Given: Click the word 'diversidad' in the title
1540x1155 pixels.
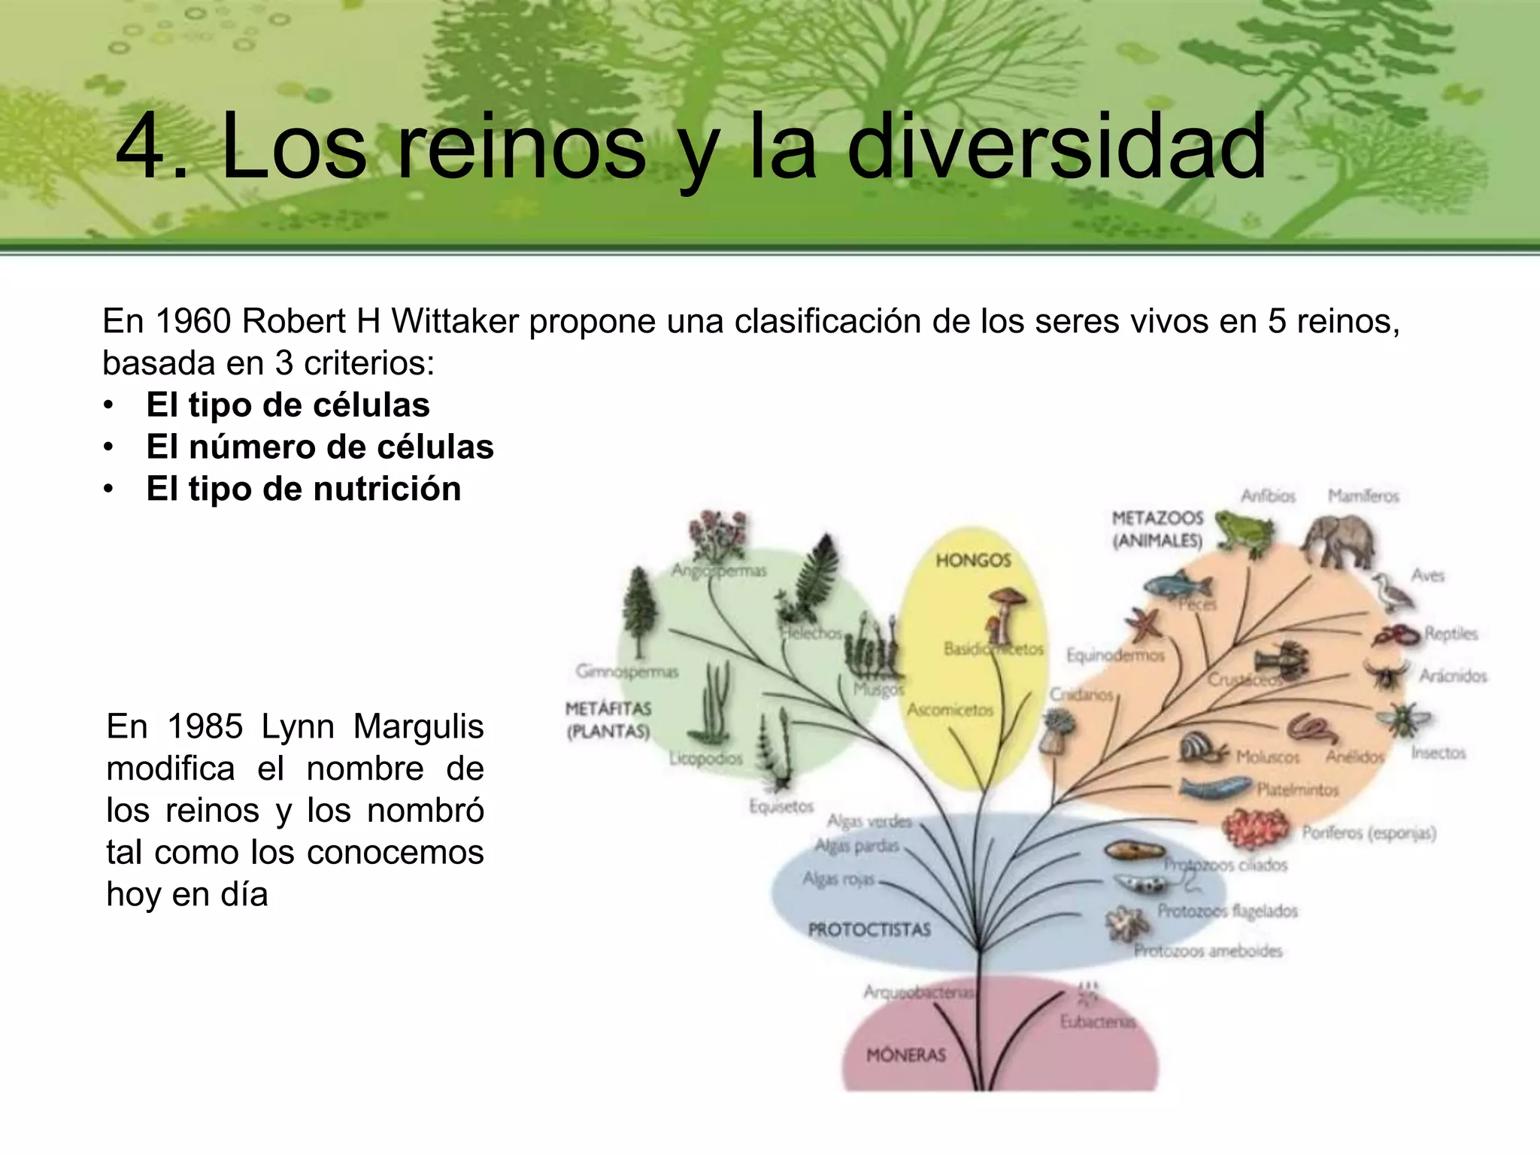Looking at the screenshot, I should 1056,147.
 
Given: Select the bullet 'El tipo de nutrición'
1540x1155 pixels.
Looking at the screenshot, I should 303,489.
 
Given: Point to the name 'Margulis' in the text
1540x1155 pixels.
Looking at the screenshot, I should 418,727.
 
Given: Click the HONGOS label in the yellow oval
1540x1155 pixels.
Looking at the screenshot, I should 973,560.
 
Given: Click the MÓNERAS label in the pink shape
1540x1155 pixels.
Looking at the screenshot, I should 905,1056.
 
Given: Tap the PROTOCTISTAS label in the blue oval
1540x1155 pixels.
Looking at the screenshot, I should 869,930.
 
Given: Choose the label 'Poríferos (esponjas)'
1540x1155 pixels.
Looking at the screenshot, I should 1369,833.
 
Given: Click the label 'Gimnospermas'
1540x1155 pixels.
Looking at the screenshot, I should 626,671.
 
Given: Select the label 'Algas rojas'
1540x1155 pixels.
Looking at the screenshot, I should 838,879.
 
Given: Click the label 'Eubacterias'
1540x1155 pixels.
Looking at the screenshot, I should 1097,1022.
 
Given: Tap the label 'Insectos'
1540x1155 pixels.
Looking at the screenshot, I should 1438,753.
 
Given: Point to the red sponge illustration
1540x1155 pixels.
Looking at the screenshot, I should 1256,827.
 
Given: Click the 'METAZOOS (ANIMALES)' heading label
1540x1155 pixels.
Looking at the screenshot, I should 1157,529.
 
